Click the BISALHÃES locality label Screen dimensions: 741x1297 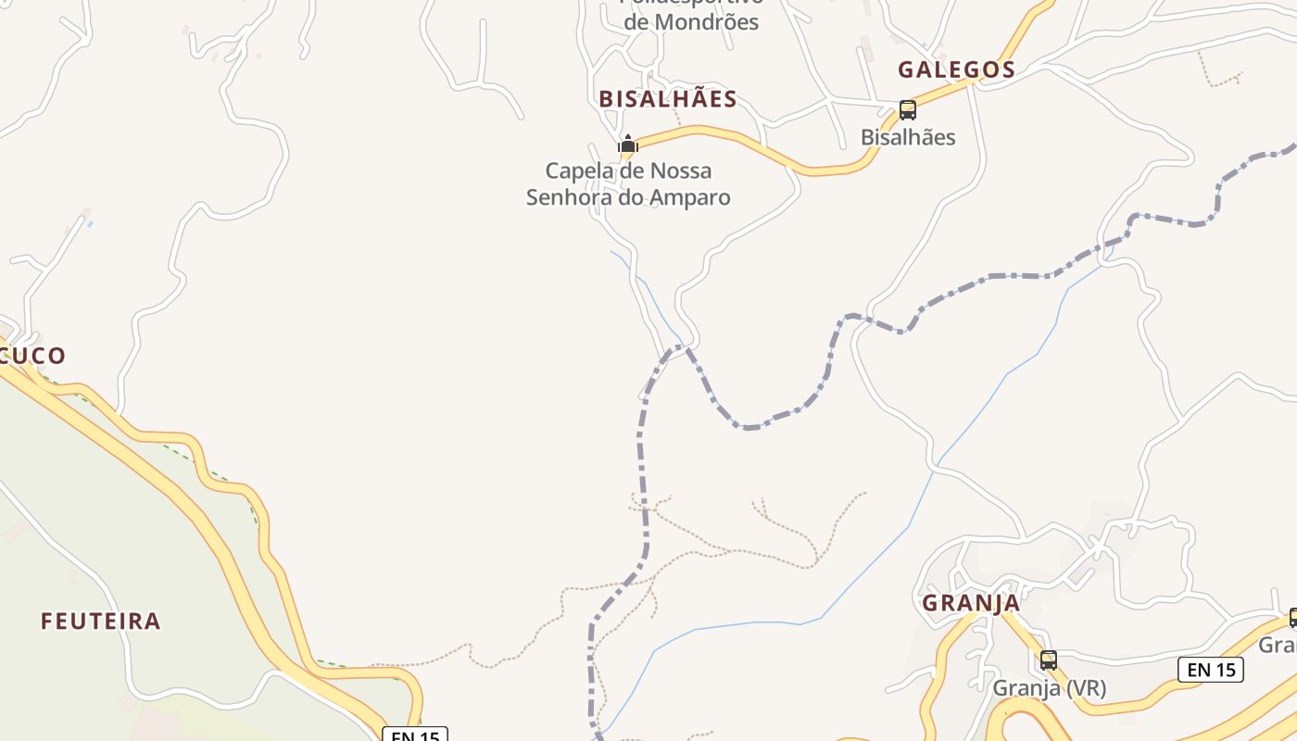pyautogui.click(x=667, y=99)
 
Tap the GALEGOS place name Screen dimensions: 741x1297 pyautogui.click(x=956, y=69)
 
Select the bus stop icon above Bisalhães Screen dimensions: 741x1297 pyautogui.click(x=908, y=110)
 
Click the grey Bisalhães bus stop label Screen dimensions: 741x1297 pyautogui.click(x=908, y=137)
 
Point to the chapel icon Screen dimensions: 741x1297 pyautogui.click(x=628, y=144)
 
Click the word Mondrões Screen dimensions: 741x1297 pyautogui.click(x=706, y=22)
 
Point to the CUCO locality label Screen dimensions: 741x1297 pyautogui.click(x=33, y=356)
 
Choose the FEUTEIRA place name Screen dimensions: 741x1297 pyautogui.click(x=100, y=621)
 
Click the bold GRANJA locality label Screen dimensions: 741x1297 pyautogui.click(x=971, y=603)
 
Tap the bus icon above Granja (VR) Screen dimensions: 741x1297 pyautogui.click(x=1049, y=660)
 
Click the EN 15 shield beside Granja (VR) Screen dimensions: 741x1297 pyautogui.click(x=1210, y=670)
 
